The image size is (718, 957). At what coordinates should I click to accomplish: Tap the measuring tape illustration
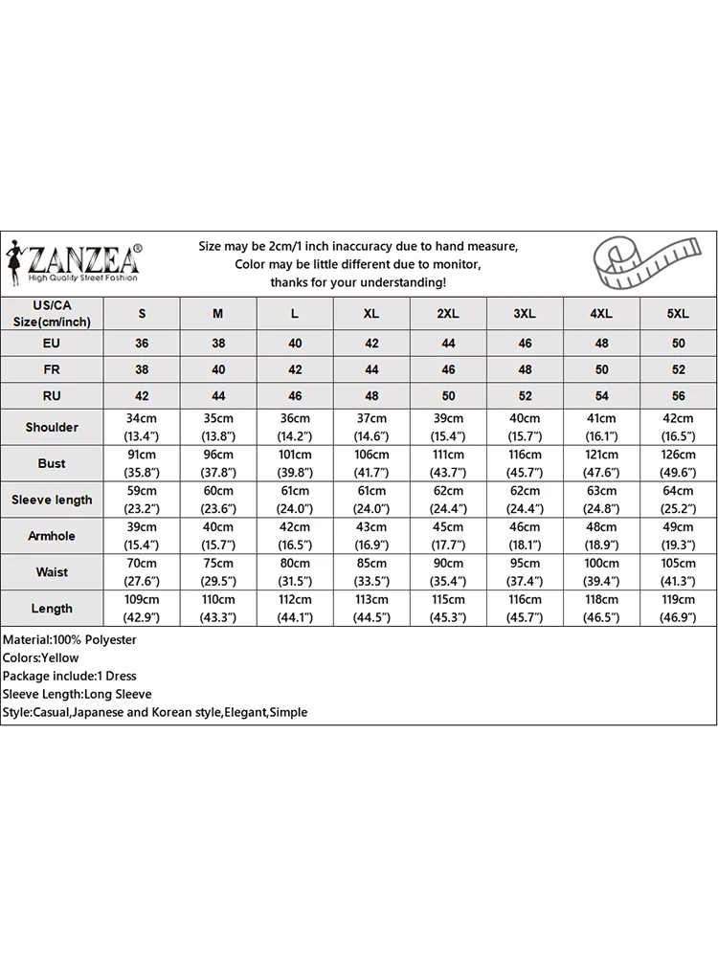click(x=640, y=264)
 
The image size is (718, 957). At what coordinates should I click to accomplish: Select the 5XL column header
click(x=678, y=314)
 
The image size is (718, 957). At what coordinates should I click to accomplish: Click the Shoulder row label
click(x=52, y=427)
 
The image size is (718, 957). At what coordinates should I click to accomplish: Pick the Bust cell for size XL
click(x=371, y=463)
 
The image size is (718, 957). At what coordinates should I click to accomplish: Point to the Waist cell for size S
click(x=142, y=572)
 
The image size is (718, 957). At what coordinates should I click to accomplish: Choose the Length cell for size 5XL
click(x=678, y=609)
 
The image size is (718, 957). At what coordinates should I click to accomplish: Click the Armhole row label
click(x=52, y=536)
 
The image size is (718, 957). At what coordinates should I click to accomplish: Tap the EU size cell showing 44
click(x=448, y=343)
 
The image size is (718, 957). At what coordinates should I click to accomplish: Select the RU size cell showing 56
click(x=678, y=395)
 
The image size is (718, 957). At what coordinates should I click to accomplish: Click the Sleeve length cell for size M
click(x=218, y=500)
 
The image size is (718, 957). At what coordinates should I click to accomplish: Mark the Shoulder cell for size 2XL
click(x=448, y=427)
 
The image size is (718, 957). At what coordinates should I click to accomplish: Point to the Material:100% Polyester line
click(x=70, y=639)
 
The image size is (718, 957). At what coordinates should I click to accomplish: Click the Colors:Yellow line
click(x=41, y=657)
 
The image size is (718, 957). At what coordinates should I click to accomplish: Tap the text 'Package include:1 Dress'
click(x=70, y=676)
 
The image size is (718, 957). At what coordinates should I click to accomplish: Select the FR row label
click(x=52, y=369)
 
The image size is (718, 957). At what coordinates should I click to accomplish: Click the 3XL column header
click(x=525, y=314)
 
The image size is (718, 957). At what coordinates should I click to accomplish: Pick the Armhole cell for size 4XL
click(x=601, y=536)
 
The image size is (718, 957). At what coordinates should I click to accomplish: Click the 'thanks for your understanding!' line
click(x=358, y=282)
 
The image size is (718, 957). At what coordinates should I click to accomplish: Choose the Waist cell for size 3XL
click(x=525, y=572)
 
